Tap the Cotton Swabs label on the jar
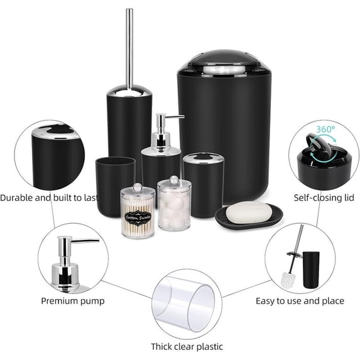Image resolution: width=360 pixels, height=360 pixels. pos(138,217)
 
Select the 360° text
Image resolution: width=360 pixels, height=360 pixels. pos(325,129)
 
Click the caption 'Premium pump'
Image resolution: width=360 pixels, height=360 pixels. pos(73,301)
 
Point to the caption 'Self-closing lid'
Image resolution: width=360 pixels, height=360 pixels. pos(324,198)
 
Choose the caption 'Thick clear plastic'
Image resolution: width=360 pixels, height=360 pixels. pos(187,346)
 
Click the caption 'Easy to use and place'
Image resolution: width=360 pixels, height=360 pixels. pos(300,301)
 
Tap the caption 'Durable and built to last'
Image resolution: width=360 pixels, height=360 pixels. pos(50,198)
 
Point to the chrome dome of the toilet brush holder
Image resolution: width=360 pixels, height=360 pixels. pos(129,90)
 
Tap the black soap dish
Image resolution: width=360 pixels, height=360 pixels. pos(249,216)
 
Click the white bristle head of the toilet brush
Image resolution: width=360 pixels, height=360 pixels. pos(287,280)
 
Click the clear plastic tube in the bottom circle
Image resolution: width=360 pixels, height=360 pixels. pos(184,303)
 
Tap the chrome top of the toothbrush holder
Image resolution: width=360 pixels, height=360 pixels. pos(204,158)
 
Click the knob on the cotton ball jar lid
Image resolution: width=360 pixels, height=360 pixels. pos(174,180)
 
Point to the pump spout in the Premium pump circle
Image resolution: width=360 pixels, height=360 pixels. pos(85,241)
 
